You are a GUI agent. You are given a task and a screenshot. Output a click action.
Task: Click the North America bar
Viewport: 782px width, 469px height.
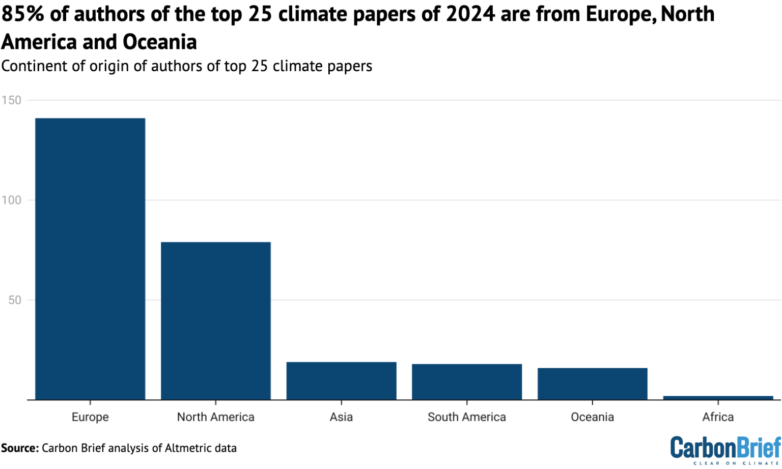tap(216, 320)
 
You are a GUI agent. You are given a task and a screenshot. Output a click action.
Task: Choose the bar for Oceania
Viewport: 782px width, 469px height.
tap(593, 384)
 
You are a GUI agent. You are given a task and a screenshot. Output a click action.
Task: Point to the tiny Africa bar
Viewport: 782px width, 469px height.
tap(718, 398)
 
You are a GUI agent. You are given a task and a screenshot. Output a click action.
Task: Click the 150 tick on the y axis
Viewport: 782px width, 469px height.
tap(11, 100)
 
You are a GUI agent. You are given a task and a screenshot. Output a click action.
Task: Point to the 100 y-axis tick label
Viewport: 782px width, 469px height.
tap(11, 200)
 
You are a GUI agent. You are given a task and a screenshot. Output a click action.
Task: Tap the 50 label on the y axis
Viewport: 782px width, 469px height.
tap(14, 300)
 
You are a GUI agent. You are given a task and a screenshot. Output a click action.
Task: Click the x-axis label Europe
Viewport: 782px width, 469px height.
tap(90, 417)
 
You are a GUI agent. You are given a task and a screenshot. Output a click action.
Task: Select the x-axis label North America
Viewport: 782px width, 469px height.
tap(216, 417)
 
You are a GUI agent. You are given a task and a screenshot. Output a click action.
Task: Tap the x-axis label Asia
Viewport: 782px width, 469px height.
tap(341, 417)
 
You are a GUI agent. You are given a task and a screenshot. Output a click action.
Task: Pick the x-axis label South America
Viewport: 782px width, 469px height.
tap(467, 417)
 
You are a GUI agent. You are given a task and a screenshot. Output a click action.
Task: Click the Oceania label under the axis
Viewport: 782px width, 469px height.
tap(593, 417)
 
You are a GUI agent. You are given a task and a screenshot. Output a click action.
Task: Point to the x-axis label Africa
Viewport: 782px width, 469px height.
tap(718, 417)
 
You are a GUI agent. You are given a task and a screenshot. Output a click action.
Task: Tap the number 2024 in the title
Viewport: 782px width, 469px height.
tap(470, 14)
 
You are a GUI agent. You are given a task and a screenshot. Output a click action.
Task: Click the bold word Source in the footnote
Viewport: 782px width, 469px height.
tap(19, 448)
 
